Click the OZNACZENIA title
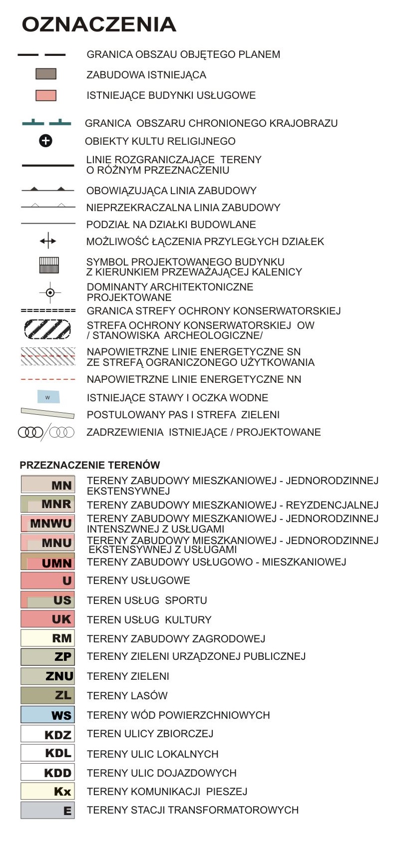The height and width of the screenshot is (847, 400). coord(99,24)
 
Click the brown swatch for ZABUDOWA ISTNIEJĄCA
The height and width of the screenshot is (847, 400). coord(46,74)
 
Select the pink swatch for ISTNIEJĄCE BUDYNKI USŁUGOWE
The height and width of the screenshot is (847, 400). coord(46,95)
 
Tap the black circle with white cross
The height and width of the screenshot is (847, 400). coord(45,141)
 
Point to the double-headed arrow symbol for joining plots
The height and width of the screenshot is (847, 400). coord(48,242)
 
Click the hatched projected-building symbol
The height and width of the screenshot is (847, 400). coord(49,265)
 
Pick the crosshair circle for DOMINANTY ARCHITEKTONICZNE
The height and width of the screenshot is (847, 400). coord(50,292)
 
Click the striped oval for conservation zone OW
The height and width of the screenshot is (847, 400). coord(48,329)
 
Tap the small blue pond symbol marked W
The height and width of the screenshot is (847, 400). coord(48,397)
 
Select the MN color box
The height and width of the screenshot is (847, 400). coord(48,485)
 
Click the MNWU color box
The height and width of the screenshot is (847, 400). coord(48,523)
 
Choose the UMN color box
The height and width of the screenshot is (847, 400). coord(48,562)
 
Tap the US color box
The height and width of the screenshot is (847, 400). coord(48,600)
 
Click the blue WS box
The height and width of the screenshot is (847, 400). coord(48,715)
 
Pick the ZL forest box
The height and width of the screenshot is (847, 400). coord(48,695)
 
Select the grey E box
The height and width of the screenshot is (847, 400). coord(48,810)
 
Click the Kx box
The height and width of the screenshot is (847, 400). coord(48,791)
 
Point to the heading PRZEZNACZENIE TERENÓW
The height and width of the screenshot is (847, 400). coord(90,465)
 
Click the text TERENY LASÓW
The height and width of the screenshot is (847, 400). coord(127,696)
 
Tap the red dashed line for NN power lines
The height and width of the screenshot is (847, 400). coord(48,379)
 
